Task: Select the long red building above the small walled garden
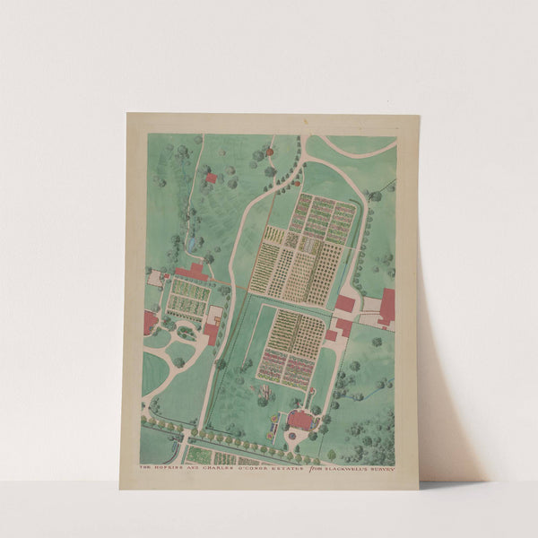coord(192,272)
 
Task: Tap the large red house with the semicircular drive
coord(299,419)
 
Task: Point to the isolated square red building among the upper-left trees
coord(211,178)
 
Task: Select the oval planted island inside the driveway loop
coord(186,333)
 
